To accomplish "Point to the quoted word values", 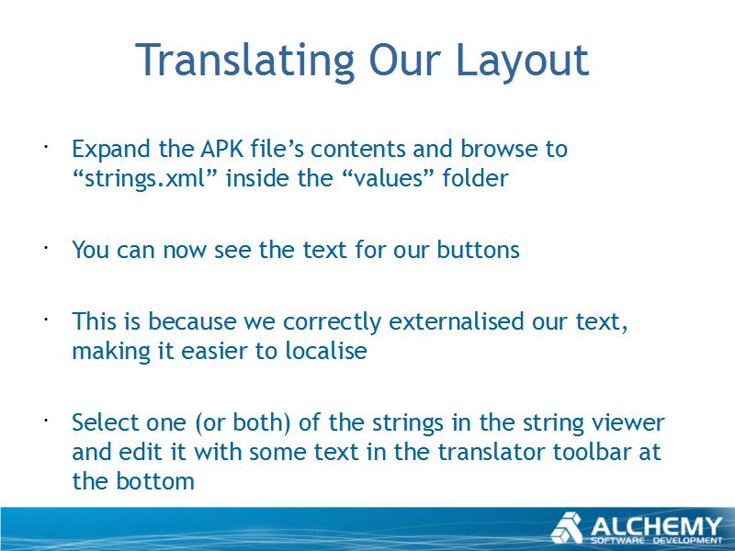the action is coord(387,178).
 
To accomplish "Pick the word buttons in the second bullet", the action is coord(478,249).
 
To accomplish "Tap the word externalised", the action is coord(456,321).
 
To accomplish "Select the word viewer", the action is coord(628,422).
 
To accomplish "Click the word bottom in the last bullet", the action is coord(155,481).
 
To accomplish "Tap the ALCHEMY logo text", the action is coord(656,526).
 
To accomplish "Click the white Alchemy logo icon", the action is coord(567,528).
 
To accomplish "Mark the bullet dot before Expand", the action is coord(46,147).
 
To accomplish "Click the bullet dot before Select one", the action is coord(46,421).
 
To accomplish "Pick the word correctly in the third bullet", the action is coord(332,322).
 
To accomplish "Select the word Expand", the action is coord(110,150).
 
